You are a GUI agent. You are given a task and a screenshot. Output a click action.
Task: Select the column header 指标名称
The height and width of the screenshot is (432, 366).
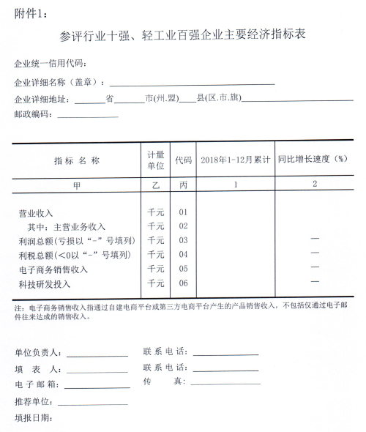[76, 160]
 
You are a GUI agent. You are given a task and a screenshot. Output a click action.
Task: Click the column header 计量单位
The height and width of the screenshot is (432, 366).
[156, 160]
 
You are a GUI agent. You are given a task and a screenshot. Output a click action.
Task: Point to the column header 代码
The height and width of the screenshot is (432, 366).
[183, 160]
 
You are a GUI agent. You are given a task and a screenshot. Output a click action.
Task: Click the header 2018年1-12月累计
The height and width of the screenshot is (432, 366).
[235, 160]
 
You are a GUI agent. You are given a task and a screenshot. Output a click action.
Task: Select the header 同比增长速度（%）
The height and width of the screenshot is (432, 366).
[311, 160]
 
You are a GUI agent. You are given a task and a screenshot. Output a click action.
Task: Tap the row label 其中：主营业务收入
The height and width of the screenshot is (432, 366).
[66, 227]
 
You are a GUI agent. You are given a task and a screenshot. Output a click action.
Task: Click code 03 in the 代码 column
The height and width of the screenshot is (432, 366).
[183, 241]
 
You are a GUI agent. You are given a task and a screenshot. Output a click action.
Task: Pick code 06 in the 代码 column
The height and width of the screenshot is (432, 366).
[183, 283]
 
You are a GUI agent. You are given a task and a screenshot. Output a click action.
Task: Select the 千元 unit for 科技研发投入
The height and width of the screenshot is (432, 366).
[156, 283]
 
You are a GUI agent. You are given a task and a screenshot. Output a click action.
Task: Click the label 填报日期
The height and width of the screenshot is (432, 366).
[34, 418]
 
